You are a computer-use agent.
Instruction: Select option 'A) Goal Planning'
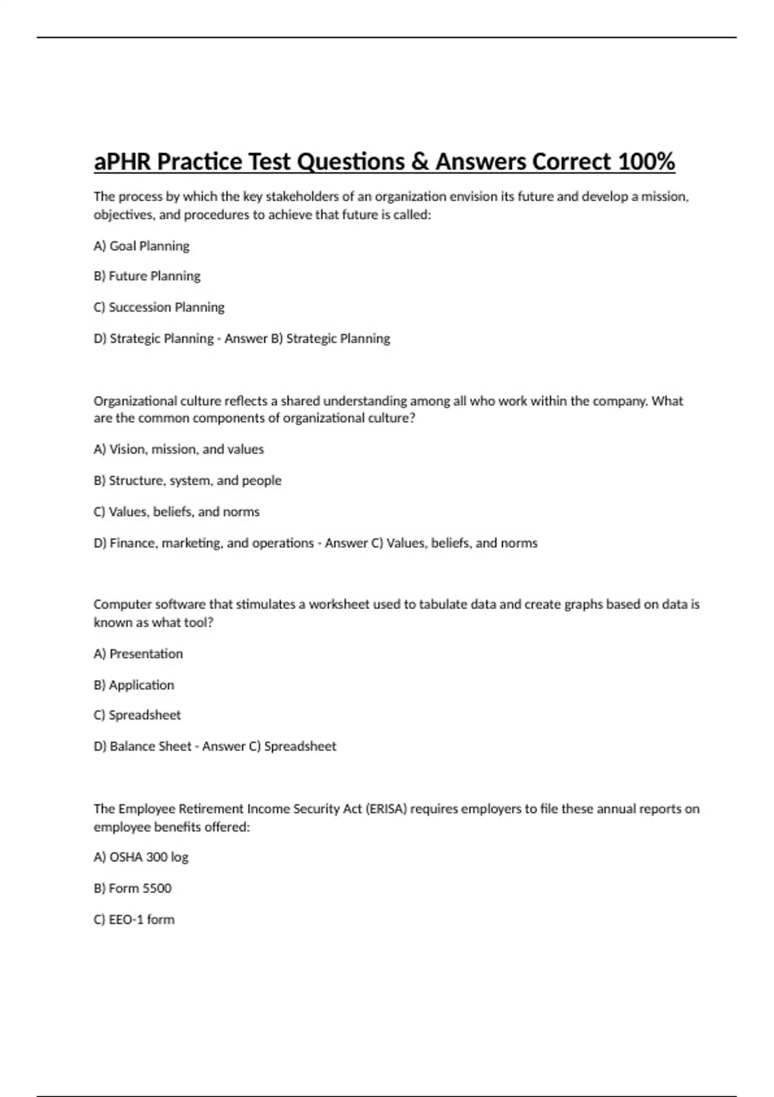[141, 246]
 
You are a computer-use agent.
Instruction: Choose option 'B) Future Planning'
[147, 276]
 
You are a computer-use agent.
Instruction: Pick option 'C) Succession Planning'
[159, 307]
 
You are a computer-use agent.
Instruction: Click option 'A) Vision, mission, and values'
[179, 449]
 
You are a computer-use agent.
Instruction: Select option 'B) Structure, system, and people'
[187, 480]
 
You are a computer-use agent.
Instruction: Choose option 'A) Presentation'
[138, 654]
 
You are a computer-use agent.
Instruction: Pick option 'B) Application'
[134, 685]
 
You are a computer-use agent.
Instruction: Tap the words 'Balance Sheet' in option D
[150, 746]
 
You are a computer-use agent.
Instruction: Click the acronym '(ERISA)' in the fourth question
[386, 809]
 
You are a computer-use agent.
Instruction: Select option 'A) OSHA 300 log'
[141, 857]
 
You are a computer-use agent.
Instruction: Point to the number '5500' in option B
[157, 888]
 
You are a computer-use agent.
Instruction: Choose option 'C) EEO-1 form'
[134, 919]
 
